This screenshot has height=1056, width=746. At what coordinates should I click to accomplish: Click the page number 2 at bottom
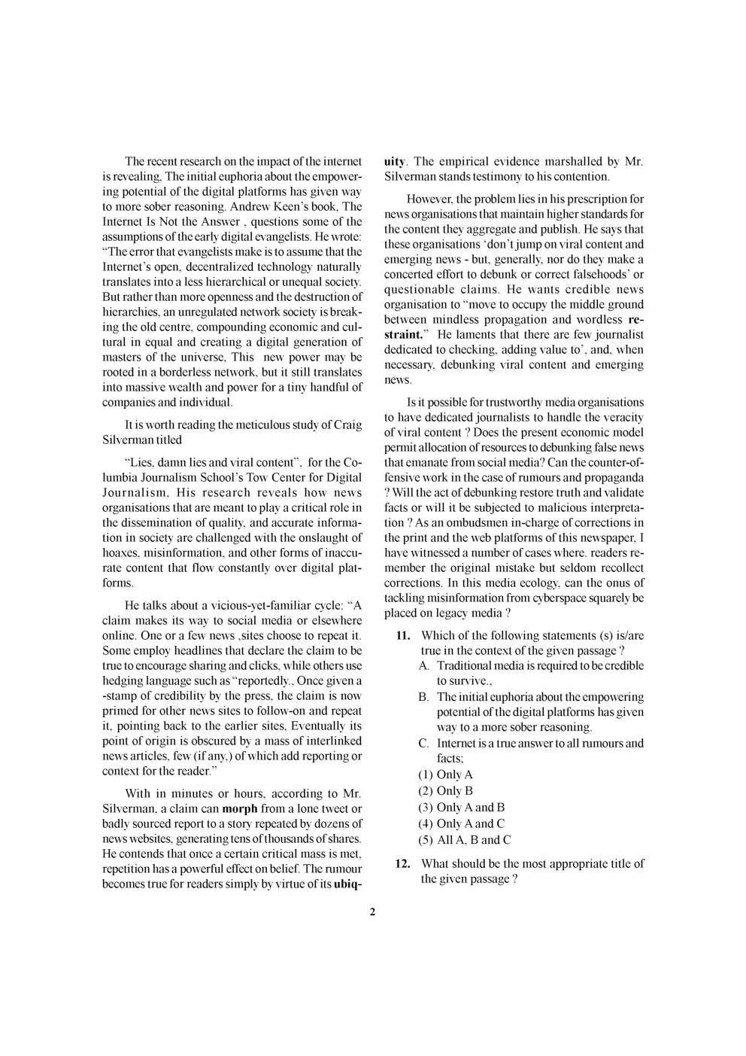(x=372, y=912)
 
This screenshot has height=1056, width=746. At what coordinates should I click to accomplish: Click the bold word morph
(x=240, y=808)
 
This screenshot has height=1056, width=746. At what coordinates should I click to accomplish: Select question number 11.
(x=402, y=635)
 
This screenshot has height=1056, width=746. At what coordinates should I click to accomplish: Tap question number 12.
(x=402, y=863)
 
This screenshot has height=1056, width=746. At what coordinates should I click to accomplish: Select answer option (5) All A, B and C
(x=464, y=840)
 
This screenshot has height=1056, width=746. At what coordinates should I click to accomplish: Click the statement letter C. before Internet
(x=424, y=743)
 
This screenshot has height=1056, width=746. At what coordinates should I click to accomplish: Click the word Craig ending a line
(x=347, y=425)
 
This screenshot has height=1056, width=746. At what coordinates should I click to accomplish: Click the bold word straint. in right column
(x=402, y=334)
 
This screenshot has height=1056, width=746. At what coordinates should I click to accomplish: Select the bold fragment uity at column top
(x=394, y=161)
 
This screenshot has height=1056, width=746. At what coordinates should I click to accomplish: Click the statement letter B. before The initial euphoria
(x=424, y=697)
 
